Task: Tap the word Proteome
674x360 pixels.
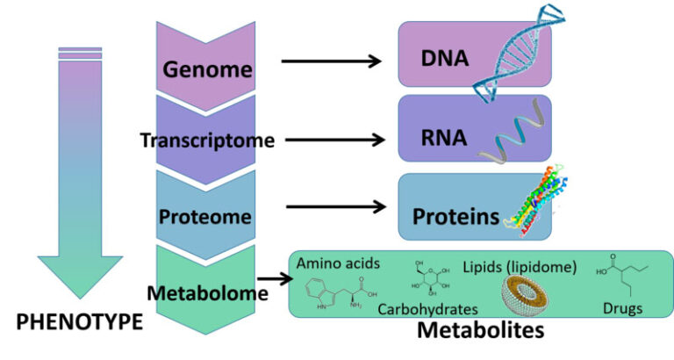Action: click(206, 215)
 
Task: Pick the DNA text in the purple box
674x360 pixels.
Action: click(446, 61)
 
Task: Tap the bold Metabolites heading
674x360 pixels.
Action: click(480, 331)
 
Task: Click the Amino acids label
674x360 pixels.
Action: click(335, 263)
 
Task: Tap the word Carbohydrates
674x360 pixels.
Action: click(427, 309)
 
